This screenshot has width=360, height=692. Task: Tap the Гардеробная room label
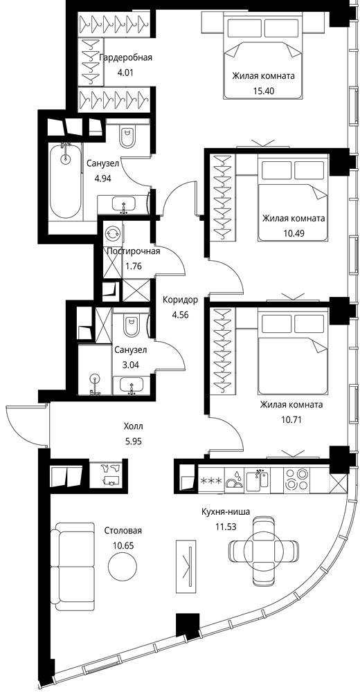point(126,58)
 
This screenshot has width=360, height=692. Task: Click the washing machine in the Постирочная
point(113,233)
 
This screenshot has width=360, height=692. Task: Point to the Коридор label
point(180,300)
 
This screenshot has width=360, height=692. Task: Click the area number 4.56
point(180,315)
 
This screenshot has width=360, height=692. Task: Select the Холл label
point(134,427)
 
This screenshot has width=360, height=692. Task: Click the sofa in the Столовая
point(72,566)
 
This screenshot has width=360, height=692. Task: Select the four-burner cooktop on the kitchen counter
point(295,479)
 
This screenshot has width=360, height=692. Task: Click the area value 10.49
point(294,233)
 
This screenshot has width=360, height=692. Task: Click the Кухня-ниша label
point(226,512)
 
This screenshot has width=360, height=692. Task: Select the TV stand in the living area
point(188,566)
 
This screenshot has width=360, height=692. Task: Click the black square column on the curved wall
point(188,625)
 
